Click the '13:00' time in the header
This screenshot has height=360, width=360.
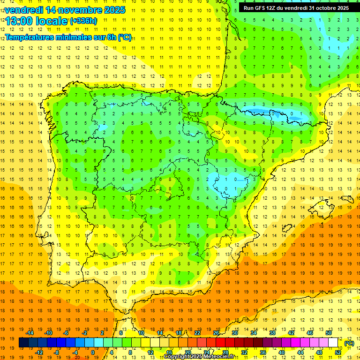click(x=19, y=22)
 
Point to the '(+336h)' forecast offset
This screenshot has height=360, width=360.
click(x=83, y=21)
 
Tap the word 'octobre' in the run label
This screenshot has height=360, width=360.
click(x=321, y=8)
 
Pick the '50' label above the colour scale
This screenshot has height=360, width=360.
click(x=329, y=333)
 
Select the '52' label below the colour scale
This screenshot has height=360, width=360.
click(x=338, y=352)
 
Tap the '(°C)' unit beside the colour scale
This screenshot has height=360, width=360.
click(x=349, y=343)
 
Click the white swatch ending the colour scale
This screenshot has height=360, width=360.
click(x=333, y=343)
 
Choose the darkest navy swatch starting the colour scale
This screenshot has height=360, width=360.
click(x=23, y=343)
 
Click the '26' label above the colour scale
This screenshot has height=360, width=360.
click(x=216, y=333)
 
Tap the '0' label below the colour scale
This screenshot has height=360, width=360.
click(x=93, y=352)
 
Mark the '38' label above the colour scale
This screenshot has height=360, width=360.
click(x=272, y=333)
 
